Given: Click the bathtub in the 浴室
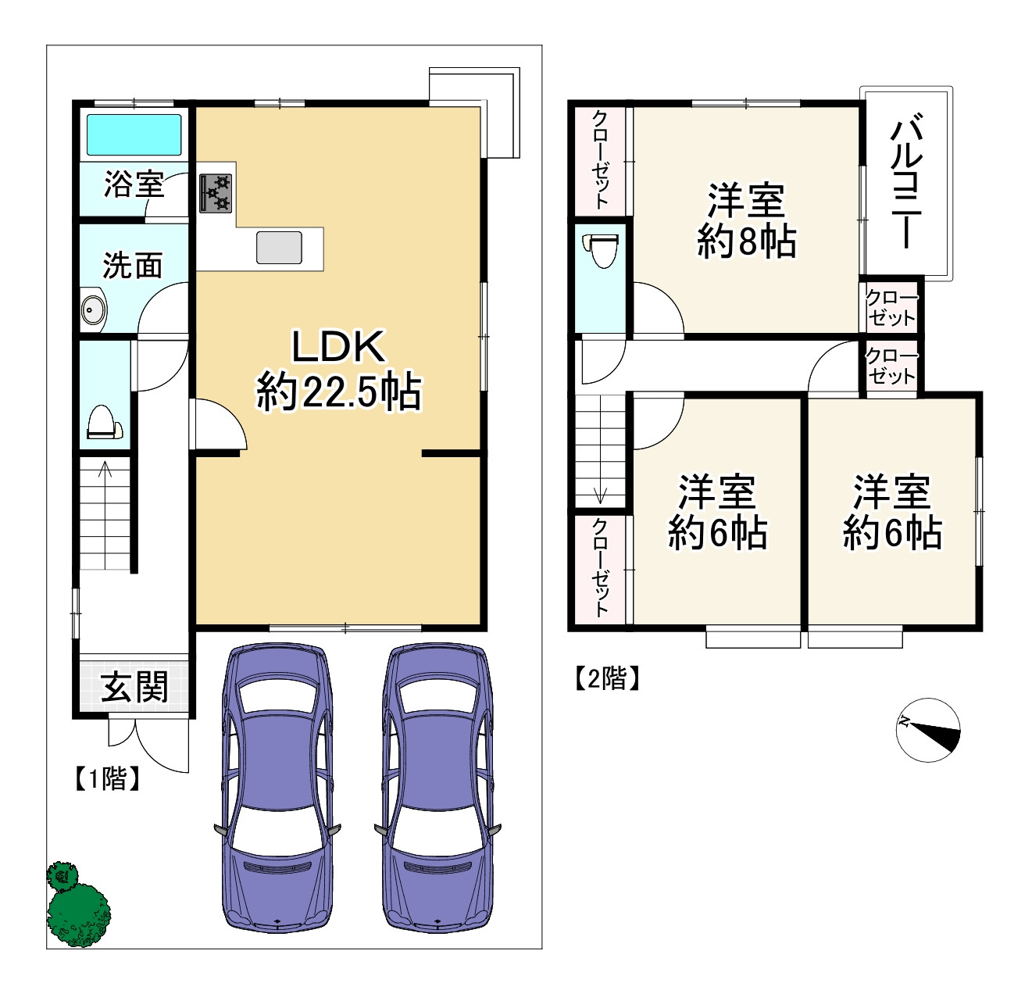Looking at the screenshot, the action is [134, 134].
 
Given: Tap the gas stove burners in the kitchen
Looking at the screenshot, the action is [216, 194].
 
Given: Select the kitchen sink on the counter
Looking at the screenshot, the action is [279, 247].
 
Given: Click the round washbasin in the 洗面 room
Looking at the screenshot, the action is [94, 309].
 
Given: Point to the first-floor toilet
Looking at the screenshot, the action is [105, 422].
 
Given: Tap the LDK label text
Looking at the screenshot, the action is [338, 347].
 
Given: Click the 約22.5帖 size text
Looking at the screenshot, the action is [338, 392].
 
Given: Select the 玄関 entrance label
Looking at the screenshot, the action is [134, 686].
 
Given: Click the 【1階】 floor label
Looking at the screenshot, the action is [108, 779].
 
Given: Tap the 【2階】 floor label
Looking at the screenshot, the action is [607, 678].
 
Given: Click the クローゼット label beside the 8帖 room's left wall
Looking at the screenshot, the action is [600, 159].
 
